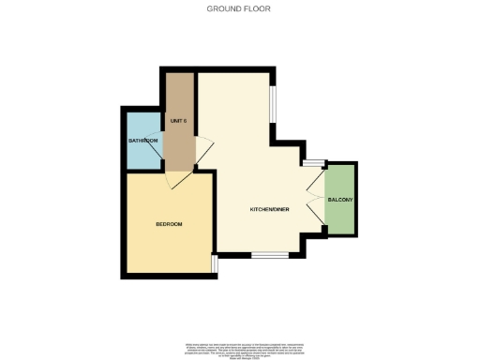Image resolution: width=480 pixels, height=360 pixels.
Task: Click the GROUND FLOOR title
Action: [239, 9]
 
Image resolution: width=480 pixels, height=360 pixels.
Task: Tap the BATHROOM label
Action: [143, 141]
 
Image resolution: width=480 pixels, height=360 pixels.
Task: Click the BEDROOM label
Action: [168, 224]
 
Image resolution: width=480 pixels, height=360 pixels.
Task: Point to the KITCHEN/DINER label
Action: [269, 208]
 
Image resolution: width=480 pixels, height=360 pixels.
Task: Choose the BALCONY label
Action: [338, 200]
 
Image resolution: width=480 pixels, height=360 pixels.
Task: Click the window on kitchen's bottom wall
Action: [270, 255]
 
